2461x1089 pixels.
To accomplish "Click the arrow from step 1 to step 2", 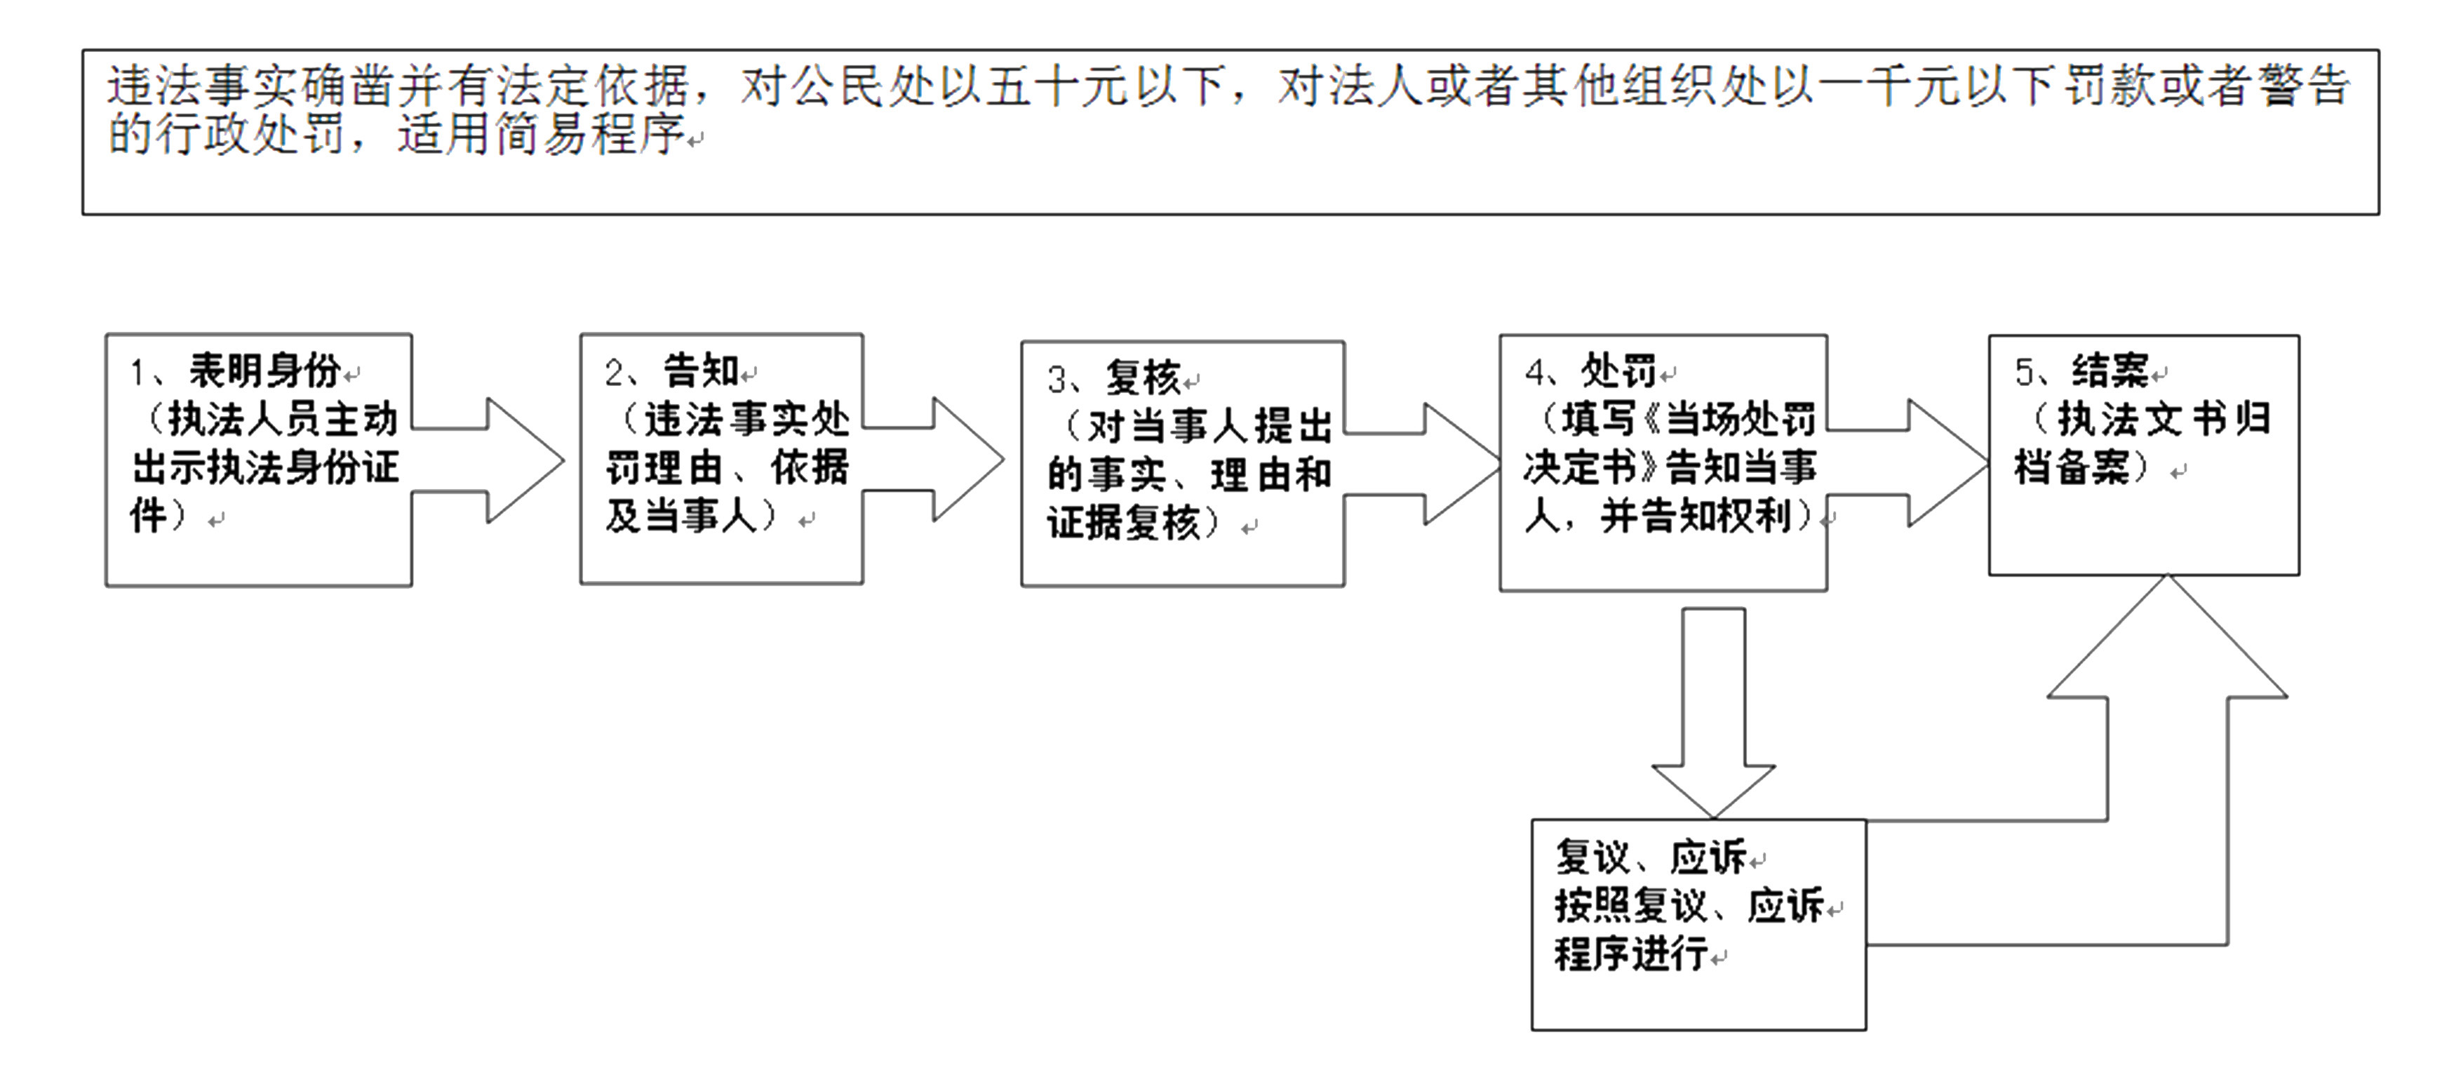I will (497, 460).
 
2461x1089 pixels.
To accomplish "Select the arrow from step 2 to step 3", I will (941, 460).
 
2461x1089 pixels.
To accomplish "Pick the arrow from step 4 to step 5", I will (1915, 463).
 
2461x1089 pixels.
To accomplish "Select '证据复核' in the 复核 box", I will (1122, 523).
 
